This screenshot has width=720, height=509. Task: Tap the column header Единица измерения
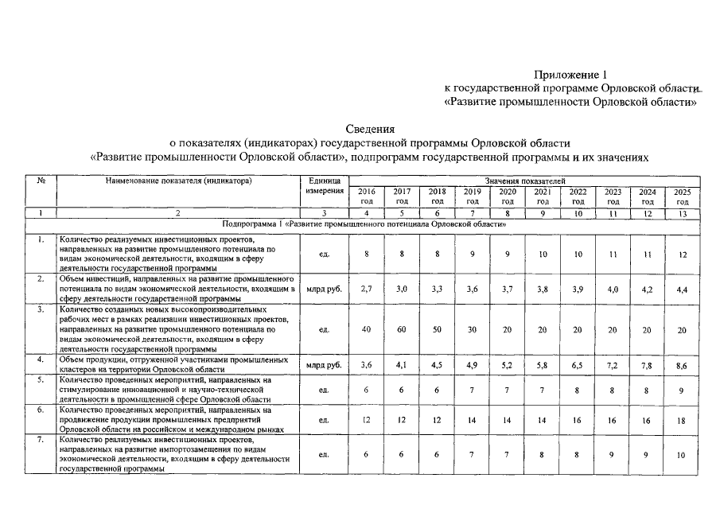[324, 186]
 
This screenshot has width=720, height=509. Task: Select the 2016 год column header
[366, 196]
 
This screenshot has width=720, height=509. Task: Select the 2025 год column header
[682, 196]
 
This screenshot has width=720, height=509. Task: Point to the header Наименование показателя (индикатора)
[178, 182]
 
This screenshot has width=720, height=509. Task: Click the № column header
[41, 182]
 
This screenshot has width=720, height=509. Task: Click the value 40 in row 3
[366, 328]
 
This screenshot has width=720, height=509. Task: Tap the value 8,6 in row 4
[682, 365]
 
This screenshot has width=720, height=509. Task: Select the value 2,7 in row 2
[366, 289]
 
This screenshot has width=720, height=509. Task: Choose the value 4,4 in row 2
[682, 289]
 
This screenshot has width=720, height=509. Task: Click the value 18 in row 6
[682, 421]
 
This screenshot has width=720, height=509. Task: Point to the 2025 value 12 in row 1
[682, 254]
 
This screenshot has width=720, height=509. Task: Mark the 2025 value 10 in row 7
[682, 455]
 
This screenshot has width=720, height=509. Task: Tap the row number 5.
[41, 380]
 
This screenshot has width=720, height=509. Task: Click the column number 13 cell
[682, 213]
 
